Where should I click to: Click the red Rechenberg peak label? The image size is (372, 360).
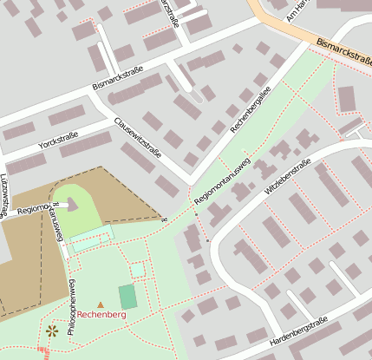pos(101,315)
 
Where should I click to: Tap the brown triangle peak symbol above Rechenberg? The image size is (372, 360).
pos(101,304)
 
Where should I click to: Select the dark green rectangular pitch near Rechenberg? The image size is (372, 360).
pos(127,297)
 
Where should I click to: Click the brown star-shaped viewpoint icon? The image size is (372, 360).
pos(52,330)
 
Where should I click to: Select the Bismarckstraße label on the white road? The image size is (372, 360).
pos(117,82)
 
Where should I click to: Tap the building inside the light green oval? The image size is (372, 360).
pos(71,205)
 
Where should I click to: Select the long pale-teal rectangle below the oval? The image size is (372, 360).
pos(92,240)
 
